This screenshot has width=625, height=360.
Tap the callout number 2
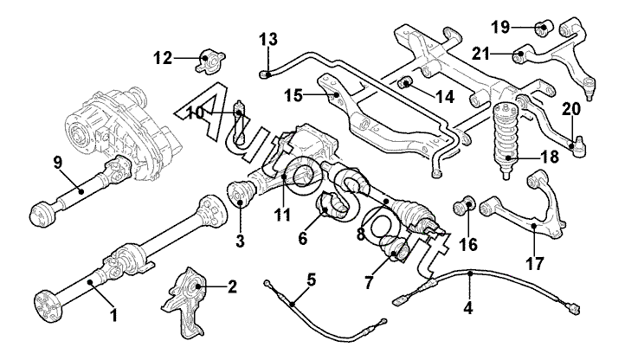tap(231, 286)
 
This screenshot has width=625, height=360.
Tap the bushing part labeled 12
tap(208, 61)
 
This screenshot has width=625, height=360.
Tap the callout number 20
tap(570, 109)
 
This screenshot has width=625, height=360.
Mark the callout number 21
tap(480, 53)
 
